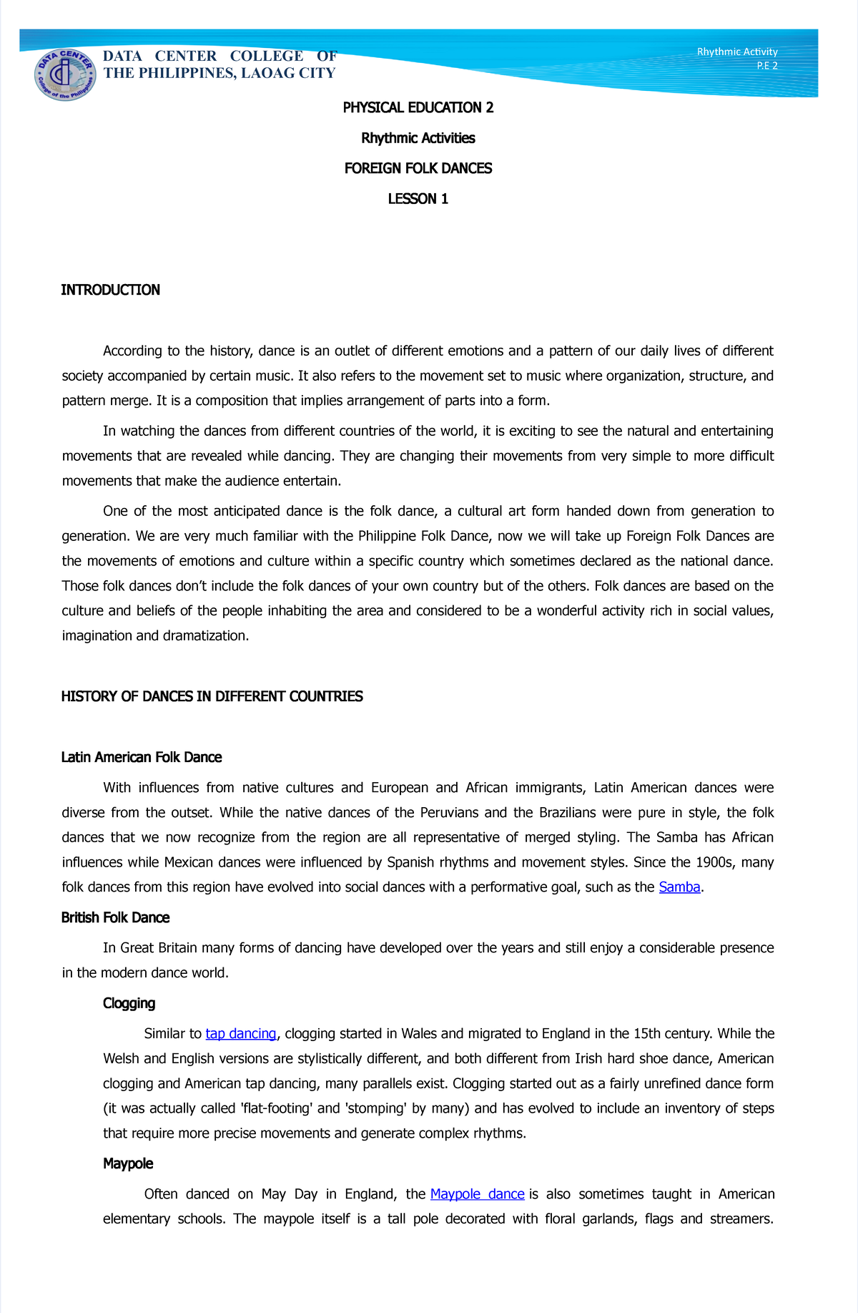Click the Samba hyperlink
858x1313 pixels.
click(679, 887)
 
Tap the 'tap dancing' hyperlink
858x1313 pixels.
click(240, 1033)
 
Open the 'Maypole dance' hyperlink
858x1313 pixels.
click(477, 1194)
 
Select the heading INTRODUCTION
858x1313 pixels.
click(110, 290)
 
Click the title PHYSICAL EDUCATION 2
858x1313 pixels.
click(418, 107)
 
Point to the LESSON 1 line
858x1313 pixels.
click(418, 199)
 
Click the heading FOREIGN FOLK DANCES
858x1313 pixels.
click(418, 168)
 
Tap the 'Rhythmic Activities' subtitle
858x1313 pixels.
click(418, 138)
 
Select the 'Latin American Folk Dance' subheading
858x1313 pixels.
click(142, 757)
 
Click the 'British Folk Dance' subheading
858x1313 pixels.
click(115, 917)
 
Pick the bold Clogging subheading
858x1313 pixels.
click(129, 1003)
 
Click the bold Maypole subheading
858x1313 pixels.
click(128, 1163)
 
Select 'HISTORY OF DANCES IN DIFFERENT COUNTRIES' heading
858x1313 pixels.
click(212, 696)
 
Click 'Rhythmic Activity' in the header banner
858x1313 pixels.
click(736, 52)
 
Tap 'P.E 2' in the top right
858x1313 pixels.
click(766, 66)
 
